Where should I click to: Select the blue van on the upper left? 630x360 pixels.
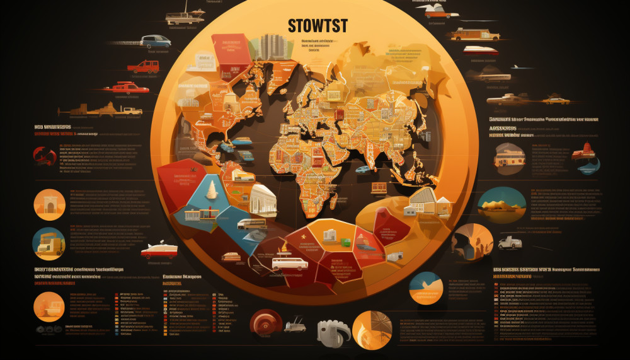[x=155, y=42]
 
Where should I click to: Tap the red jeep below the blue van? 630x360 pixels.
[x=144, y=66]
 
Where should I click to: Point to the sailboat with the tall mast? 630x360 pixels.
[x=185, y=15]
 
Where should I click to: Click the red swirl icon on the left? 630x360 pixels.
[x=44, y=155]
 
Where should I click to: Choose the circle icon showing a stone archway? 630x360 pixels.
[x=49, y=204]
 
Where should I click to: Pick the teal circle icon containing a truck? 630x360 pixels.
[x=48, y=244]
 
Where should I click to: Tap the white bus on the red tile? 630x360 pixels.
[x=289, y=263]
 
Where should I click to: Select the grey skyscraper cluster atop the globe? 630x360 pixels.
[x=272, y=46]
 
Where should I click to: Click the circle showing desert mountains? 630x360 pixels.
[x=501, y=205]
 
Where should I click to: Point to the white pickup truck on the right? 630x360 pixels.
[x=510, y=242]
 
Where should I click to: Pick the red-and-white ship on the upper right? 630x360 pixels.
[x=481, y=50]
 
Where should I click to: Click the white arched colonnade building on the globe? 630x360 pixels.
[x=263, y=201]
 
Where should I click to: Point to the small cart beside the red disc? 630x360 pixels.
[x=294, y=325]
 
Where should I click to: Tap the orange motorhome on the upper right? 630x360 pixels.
[x=474, y=33]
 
